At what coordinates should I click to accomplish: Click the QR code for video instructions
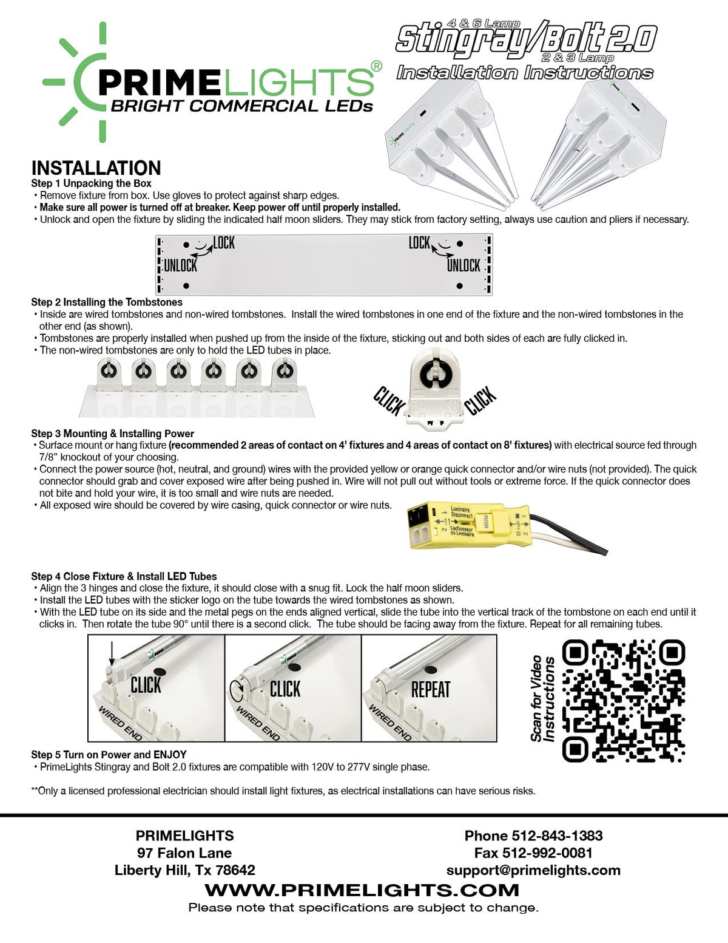tap(624, 700)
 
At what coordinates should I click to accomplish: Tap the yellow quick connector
tap(468, 525)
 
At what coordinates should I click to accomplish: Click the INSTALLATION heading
tap(96, 168)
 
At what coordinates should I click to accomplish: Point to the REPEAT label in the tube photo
tap(431, 690)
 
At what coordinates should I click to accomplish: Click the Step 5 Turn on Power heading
tap(109, 754)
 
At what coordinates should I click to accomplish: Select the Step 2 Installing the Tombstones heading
tap(107, 302)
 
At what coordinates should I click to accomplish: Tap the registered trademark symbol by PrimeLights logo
tap(377, 66)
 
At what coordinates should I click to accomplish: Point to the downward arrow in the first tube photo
tap(111, 653)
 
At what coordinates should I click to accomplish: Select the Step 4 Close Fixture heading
tap(124, 576)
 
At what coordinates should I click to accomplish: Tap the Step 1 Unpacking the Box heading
tap(91, 183)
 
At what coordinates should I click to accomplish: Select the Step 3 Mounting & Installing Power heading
tap(112, 434)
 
